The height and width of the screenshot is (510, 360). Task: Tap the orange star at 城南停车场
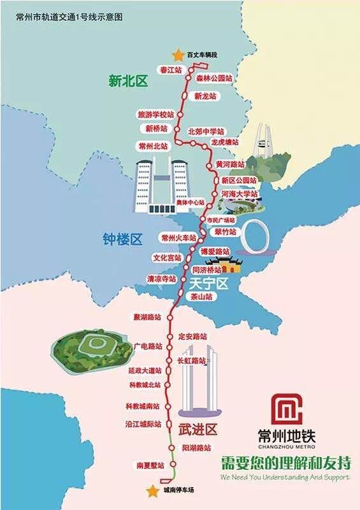tap(152, 490)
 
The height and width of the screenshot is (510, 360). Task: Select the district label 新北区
tap(127, 81)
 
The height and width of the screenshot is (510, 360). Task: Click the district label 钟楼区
tap(122, 239)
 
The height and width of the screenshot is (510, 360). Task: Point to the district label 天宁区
tap(204, 282)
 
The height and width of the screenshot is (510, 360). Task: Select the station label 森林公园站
tap(213, 78)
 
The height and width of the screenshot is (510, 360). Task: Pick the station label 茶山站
tap(201, 297)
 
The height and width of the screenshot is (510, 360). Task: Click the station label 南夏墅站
tap(150, 465)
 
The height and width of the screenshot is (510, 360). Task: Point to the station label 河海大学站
tap(240, 193)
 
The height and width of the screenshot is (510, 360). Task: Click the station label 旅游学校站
tap(155, 115)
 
